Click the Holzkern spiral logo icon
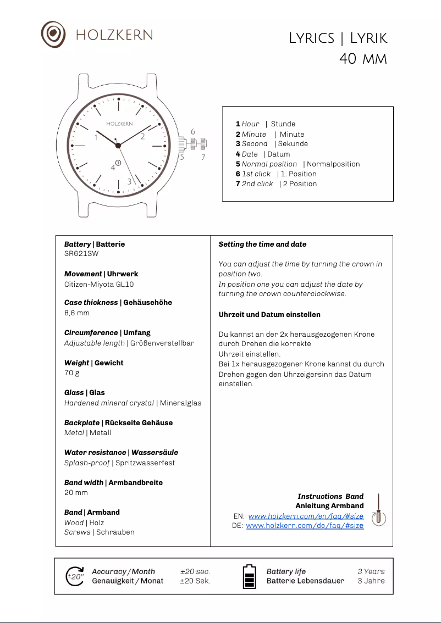point(53,34)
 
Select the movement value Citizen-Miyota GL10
point(99,284)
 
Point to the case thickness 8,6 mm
point(76,313)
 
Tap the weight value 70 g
point(72,373)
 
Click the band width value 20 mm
point(76,492)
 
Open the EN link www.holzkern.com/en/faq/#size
point(306,516)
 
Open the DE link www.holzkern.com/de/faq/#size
point(305,526)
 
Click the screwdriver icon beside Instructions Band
point(379,511)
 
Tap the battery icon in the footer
point(249,576)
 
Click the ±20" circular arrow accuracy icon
point(75,576)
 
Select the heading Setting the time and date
point(262,244)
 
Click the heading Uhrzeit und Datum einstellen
point(269,315)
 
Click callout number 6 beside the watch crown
point(193,132)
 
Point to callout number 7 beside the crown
point(203,157)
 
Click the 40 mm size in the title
point(363,58)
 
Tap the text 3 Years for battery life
point(371,571)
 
